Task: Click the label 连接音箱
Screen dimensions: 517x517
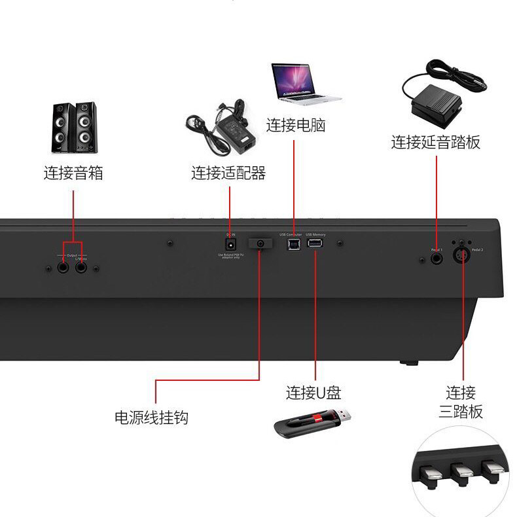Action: click(x=73, y=173)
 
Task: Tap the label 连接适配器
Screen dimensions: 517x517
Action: click(x=228, y=173)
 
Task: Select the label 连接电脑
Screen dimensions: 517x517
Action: click(x=295, y=125)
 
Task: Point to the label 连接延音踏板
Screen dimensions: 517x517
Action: click(x=436, y=142)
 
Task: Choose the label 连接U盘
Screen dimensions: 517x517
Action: click(x=313, y=393)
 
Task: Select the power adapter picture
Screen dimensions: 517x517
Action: click(x=221, y=126)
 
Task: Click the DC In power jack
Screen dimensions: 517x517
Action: click(x=230, y=244)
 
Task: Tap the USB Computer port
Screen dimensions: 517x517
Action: click(x=291, y=244)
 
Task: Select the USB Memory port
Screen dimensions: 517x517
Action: click(x=315, y=244)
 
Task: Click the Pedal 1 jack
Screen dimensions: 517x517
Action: click(x=437, y=258)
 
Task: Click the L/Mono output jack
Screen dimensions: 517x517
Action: click(x=81, y=267)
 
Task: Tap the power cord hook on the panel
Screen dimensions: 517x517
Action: click(x=260, y=243)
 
